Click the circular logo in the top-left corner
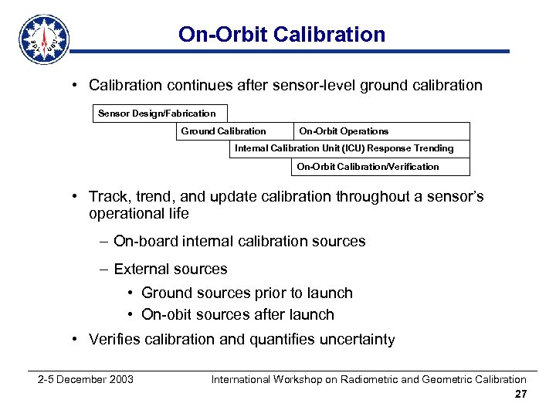44,39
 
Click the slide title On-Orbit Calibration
281,34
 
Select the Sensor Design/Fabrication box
157,114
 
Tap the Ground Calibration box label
223,131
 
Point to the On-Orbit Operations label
344,131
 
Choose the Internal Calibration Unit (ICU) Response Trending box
344,148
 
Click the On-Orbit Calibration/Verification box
368,167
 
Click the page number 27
520,395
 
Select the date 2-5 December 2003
86,379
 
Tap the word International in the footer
241,379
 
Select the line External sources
170,270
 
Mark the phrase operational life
138,214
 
